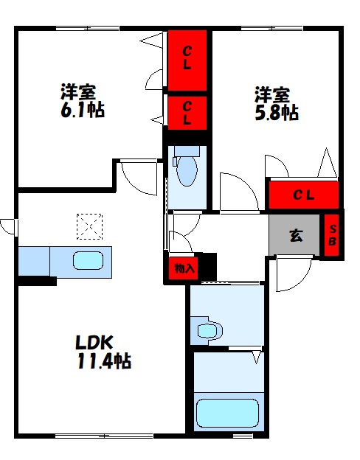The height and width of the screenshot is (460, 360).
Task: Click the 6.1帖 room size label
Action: [82, 111]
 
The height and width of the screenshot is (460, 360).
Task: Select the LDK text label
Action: [93, 343]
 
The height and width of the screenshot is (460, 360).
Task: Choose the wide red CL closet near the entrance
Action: [303, 195]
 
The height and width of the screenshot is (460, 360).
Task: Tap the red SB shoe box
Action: [332, 235]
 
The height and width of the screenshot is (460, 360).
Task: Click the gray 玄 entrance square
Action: [295, 236]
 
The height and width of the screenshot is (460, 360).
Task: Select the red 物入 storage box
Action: [184, 268]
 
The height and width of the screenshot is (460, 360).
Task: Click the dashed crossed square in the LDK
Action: [89, 226]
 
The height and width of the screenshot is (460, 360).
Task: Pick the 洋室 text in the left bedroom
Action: [78, 93]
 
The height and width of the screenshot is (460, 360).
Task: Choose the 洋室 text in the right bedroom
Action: [272, 95]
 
